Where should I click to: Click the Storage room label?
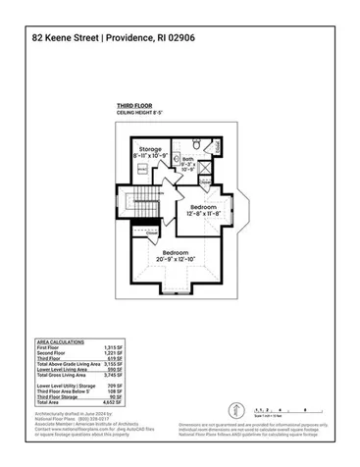pyautogui.click(x=149, y=148)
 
